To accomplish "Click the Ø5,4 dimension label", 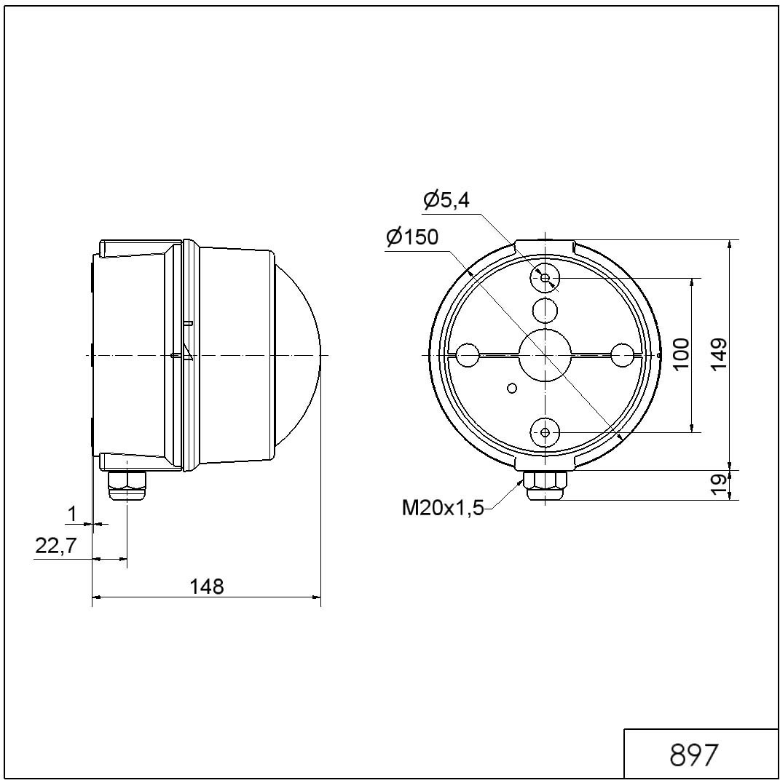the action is point(446,200).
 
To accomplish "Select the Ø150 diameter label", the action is point(413,237).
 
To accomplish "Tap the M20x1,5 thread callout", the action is point(444,509).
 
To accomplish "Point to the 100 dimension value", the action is point(680,354).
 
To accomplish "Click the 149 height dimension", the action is point(719,354).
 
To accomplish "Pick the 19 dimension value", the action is point(719,485).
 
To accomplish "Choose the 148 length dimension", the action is point(207,587).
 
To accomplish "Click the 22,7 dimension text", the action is point(55,545).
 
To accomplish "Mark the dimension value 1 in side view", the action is point(72,513).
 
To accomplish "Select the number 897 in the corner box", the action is point(694,755).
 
